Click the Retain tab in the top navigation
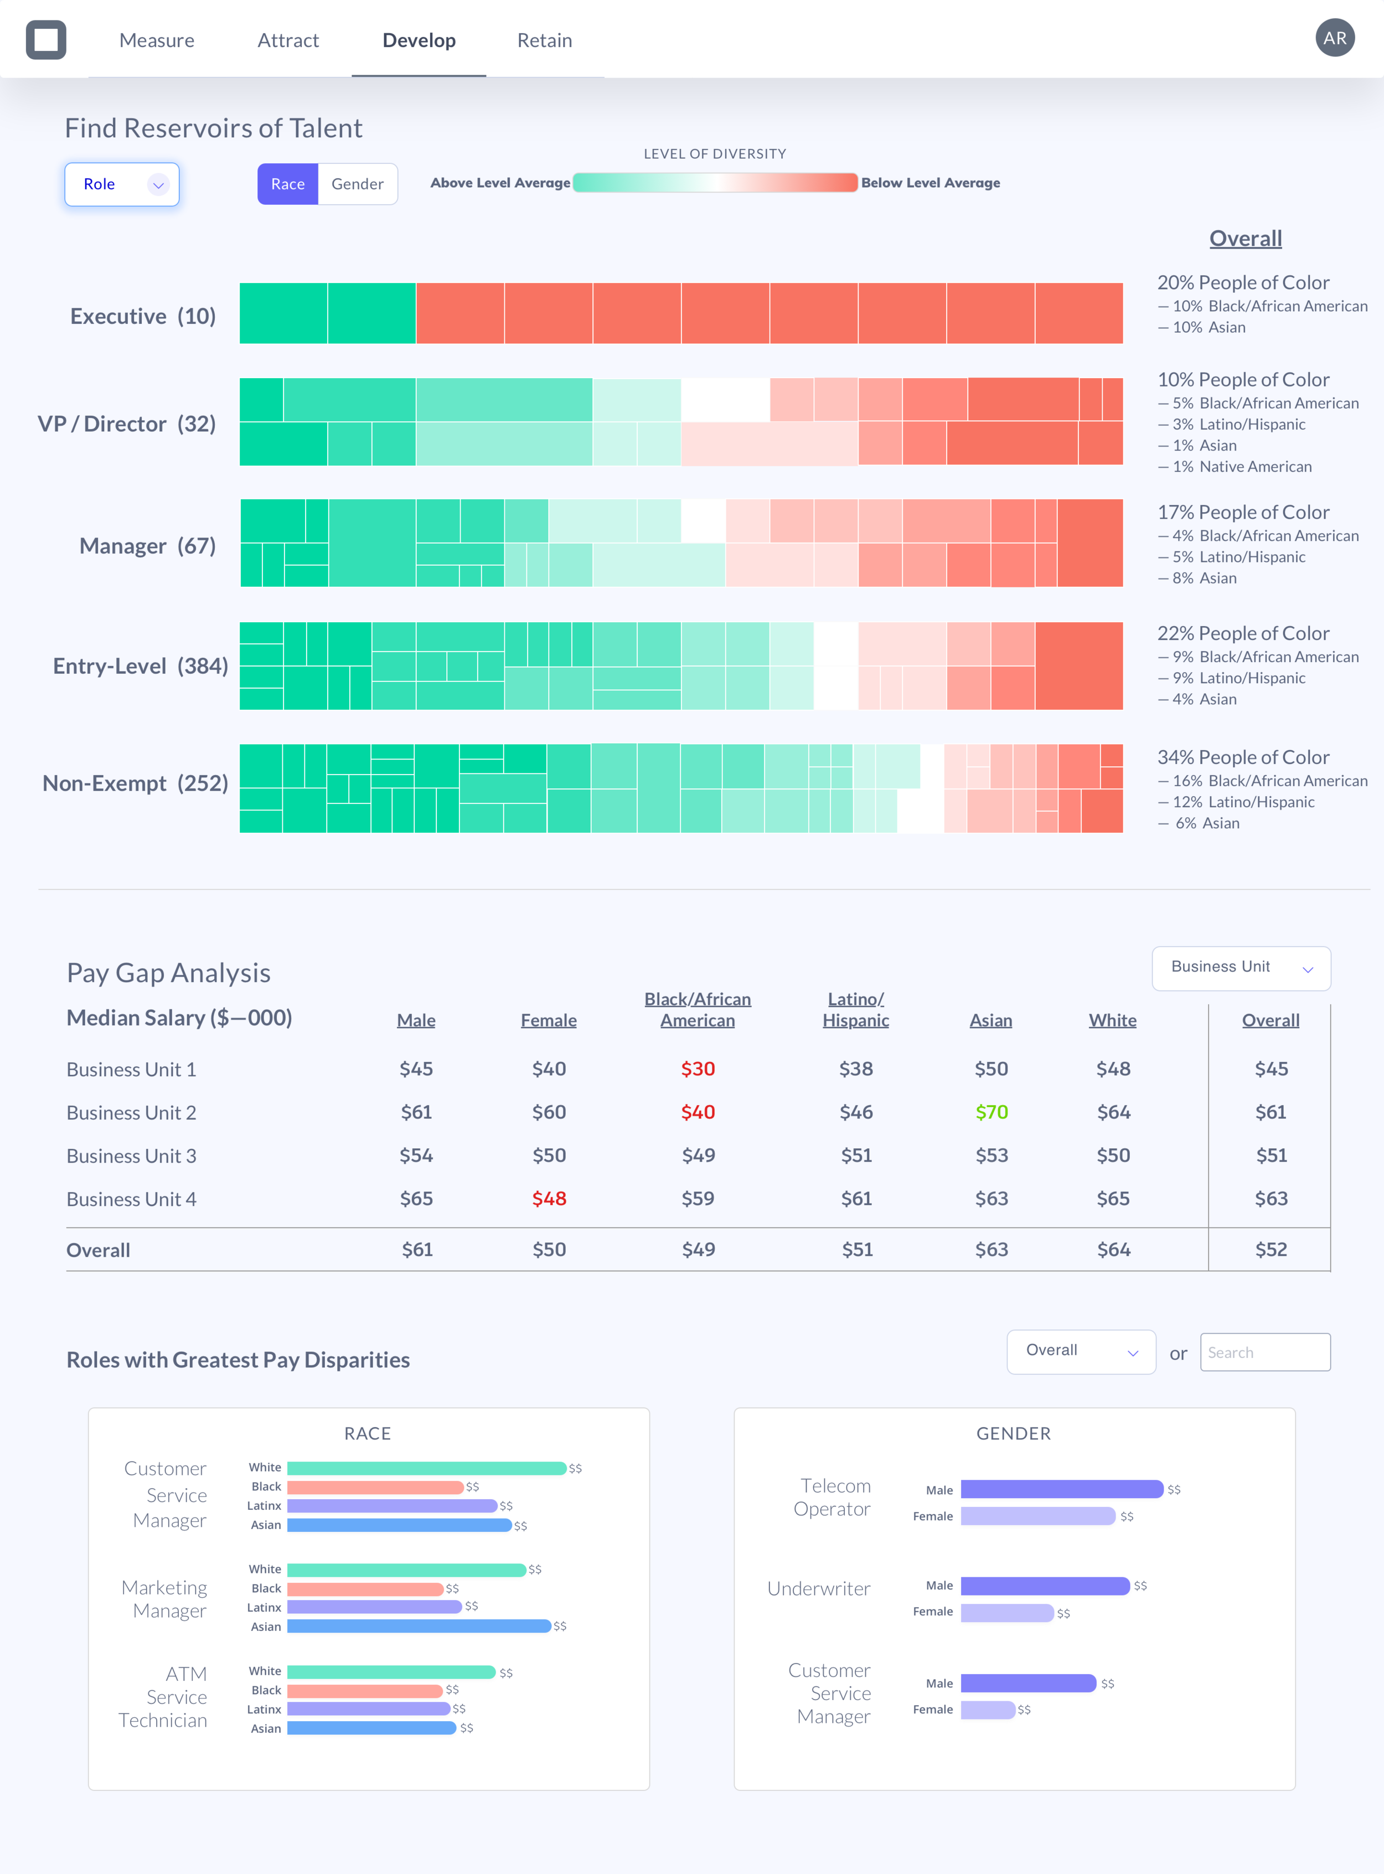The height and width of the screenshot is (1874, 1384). [545, 40]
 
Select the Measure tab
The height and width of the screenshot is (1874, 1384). [157, 40]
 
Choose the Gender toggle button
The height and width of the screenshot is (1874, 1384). [357, 184]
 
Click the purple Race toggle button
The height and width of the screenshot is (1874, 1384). [287, 184]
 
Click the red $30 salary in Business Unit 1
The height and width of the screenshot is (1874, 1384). [698, 1069]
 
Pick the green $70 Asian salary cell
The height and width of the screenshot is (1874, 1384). [991, 1113]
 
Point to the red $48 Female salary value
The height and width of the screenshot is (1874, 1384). [549, 1199]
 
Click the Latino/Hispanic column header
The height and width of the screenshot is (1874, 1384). [855, 1009]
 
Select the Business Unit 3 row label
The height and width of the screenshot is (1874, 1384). [132, 1156]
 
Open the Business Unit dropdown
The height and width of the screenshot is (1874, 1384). [1241, 968]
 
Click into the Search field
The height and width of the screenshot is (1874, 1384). [1265, 1352]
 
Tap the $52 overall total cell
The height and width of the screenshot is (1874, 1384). [1270, 1250]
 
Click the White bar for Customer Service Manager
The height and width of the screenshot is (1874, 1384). [426, 1468]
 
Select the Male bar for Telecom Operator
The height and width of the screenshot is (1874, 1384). [1061, 1489]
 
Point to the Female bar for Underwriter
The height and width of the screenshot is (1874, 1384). [1006, 1613]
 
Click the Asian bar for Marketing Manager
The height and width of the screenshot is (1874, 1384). [419, 1626]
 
